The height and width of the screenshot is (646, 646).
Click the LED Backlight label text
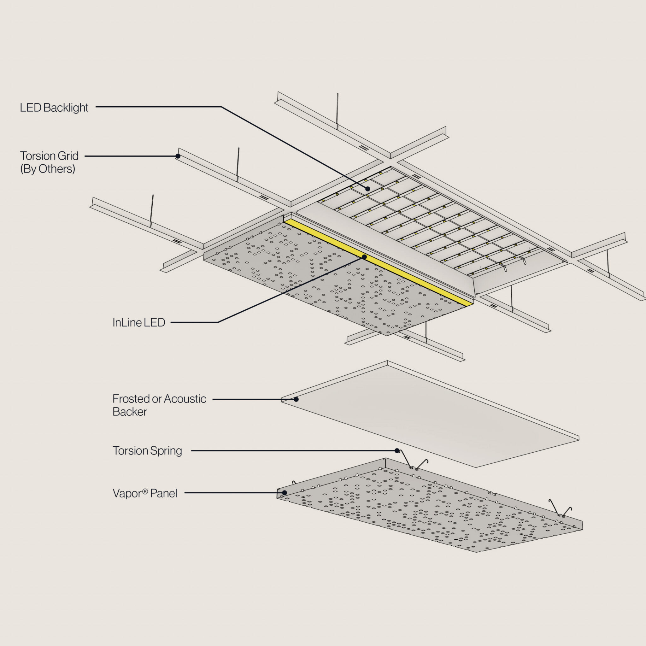[x=54, y=108]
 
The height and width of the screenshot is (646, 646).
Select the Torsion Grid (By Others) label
[x=49, y=162]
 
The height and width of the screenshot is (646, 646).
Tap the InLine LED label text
[x=139, y=322]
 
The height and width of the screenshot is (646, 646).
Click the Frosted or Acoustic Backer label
[x=159, y=405]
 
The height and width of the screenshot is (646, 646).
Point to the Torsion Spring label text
[x=147, y=451]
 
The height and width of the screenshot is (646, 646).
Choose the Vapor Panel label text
[x=145, y=493]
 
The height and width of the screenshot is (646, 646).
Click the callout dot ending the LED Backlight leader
[x=367, y=189]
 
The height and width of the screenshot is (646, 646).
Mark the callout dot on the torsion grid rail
[x=178, y=156]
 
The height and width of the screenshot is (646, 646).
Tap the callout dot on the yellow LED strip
[x=364, y=257]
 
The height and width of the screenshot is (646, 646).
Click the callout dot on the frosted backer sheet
[x=296, y=399]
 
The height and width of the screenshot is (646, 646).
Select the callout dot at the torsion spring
[x=397, y=451]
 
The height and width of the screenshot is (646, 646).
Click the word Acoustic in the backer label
[x=185, y=399]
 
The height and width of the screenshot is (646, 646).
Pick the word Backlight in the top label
[x=66, y=108]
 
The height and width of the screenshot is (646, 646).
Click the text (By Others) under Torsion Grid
[x=48, y=169]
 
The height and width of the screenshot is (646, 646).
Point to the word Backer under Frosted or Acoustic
[x=130, y=412]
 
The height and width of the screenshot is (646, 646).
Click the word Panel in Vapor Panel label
[x=163, y=493]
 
